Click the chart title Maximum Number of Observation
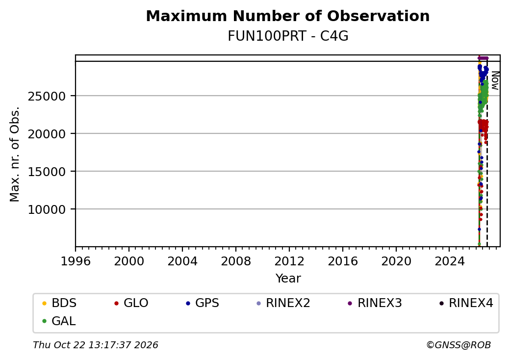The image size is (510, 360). click(x=287, y=16)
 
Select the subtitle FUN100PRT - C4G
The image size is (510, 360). click(x=288, y=36)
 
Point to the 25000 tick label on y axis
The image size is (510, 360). click(x=47, y=96)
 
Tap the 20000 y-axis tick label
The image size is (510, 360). click(x=47, y=134)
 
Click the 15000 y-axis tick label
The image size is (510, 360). click(x=47, y=172)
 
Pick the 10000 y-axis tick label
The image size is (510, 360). click(x=47, y=209)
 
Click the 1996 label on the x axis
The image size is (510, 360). click(x=76, y=261)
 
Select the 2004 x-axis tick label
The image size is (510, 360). click(x=182, y=261)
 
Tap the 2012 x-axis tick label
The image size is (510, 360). click(x=289, y=261)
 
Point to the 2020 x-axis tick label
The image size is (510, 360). click(x=396, y=261)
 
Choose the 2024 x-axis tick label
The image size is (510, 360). click(x=450, y=261)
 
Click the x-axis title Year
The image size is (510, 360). click(x=288, y=279)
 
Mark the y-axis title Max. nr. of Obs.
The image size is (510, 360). click(x=15, y=154)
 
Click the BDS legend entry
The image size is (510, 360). click(x=59, y=303)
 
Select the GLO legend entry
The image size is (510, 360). click(x=131, y=303)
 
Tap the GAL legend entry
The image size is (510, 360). click(x=59, y=321)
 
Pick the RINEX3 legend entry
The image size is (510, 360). click(x=375, y=303)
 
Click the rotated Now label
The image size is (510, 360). click(x=495, y=80)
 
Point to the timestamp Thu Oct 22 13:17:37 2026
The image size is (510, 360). click(x=96, y=345)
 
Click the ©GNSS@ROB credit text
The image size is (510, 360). click(x=459, y=345)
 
